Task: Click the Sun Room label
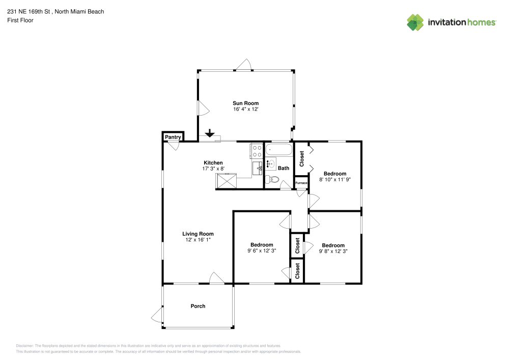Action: tap(245, 103)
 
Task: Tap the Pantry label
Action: tap(173, 137)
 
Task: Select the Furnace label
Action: tap(301, 183)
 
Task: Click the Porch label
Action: tap(197, 306)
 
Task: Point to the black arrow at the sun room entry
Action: tap(210, 133)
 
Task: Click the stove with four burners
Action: tap(257, 151)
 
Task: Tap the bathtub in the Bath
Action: tap(279, 150)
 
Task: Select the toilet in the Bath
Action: tap(272, 179)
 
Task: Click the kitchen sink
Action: tap(258, 169)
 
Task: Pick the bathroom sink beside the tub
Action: tap(271, 163)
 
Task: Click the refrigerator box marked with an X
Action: tap(227, 181)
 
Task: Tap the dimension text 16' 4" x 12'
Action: tap(245, 109)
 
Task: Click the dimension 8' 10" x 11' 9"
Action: tap(335, 180)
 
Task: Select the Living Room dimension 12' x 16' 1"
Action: tap(198, 240)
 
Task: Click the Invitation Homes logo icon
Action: tap(415, 22)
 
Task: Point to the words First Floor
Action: tap(20, 20)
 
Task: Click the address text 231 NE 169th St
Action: tap(29, 11)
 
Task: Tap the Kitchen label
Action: tap(213, 163)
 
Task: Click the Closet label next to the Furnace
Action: tap(301, 159)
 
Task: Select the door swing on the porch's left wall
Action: tap(157, 315)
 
